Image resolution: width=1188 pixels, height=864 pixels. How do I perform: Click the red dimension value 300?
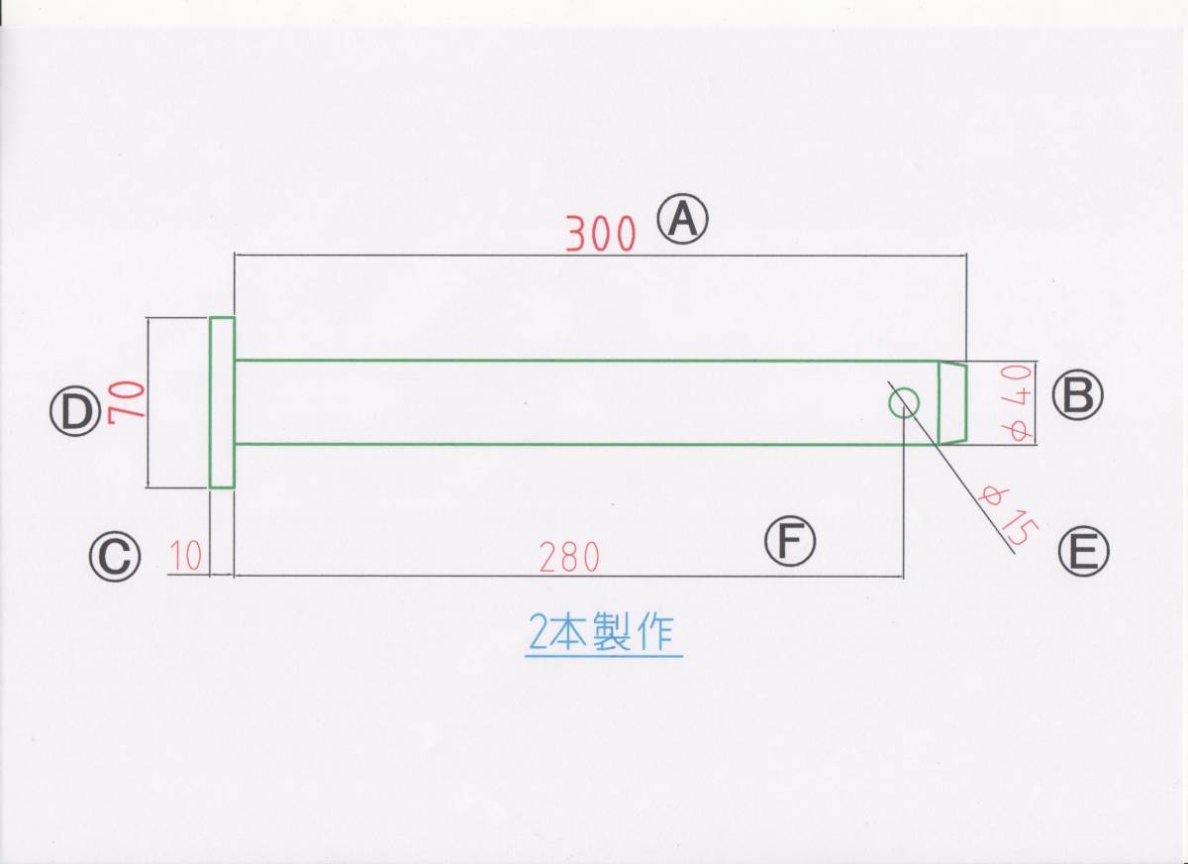click(x=600, y=234)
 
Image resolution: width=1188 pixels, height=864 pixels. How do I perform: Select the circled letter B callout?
click(x=1077, y=395)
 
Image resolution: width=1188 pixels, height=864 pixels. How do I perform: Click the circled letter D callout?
click(x=76, y=412)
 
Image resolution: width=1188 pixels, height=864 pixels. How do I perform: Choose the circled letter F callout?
click(x=789, y=541)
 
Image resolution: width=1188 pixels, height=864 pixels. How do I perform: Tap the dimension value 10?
click(x=186, y=558)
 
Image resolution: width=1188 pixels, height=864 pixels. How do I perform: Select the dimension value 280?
click(x=569, y=558)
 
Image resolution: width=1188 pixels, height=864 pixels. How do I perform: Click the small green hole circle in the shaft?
click(x=904, y=402)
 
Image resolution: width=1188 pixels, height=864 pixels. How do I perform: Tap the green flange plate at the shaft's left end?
click(x=222, y=402)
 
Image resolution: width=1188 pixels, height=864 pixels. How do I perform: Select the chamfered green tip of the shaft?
click(x=952, y=402)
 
